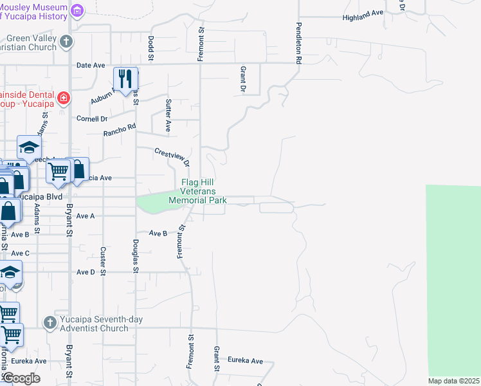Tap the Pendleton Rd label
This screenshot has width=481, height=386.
(x=298, y=44)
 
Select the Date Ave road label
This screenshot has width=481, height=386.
(x=90, y=66)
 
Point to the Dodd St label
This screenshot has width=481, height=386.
(x=152, y=48)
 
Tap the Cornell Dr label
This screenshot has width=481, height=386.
(x=92, y=119)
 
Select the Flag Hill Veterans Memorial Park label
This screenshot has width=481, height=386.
(x=197, y=191)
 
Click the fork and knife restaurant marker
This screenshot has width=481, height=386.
(x=126, y=79)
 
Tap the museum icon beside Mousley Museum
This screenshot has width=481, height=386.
(x=78, y=11)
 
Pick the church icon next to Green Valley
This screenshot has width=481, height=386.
(x=66, y=43)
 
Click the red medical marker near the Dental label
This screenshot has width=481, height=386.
(x=63, y=98)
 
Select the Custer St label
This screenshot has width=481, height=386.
(x=103, y=257)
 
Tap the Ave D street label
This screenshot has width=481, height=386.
(x=86, y=272)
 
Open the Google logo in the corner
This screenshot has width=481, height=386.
(x=21, y=378)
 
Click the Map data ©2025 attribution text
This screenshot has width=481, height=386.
(x=454, y=381)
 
